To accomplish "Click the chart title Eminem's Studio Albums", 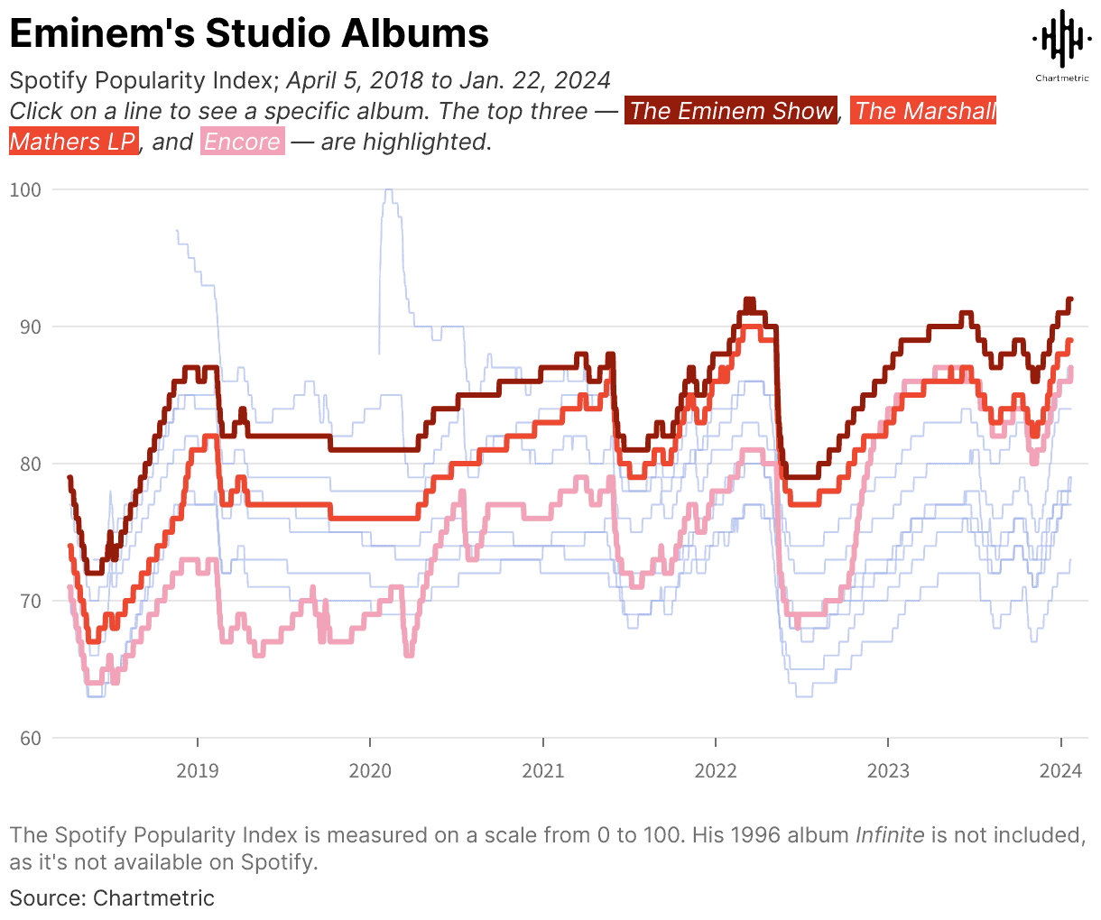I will [x=249, y=34].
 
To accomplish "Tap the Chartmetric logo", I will [x=1061, y=43].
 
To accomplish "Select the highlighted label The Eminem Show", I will [x=731, y=111].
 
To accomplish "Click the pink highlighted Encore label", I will [x=242, y=142].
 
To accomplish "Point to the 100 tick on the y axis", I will [x=26, y=189].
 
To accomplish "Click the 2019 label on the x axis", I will [x=197, y=770].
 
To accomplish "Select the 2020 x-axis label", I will [x=370, y=770].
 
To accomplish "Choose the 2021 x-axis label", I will [x=542, y=770].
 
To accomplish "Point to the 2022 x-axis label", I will [x=716, y=770].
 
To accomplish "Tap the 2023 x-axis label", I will [x=888, y=770].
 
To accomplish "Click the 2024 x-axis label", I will [x=1060, y=770].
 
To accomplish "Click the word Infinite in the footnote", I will [x=889, y=834].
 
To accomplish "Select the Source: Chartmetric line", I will [x=112, y=897].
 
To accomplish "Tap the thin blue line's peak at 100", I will [x=388, y=190].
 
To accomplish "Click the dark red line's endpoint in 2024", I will [x=1070, y=299].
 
